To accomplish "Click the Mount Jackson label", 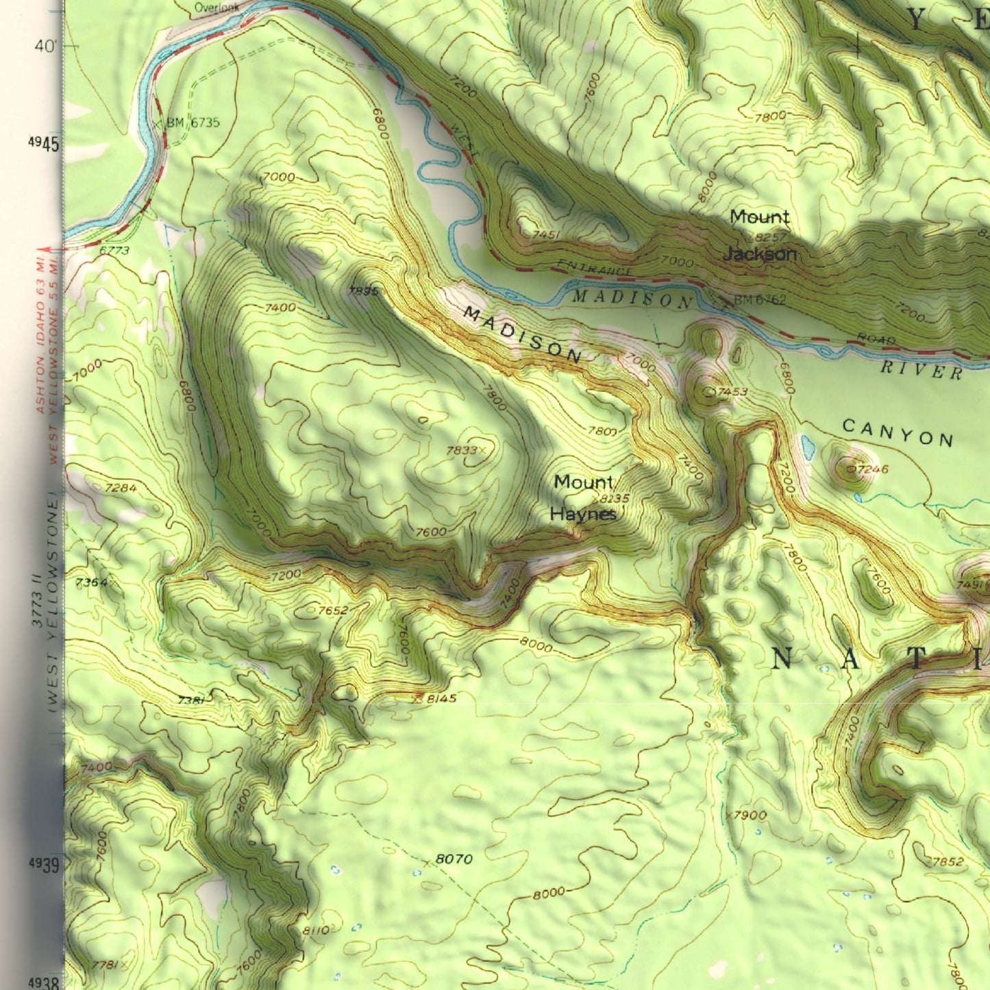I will [x=759, y=236].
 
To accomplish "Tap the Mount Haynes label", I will [x=584, y=498].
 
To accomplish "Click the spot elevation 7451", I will [x=546, y=235].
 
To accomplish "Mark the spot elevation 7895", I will [x=362, y=290].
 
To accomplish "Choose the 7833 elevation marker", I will [x=461, y=450].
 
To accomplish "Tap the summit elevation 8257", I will [x=770, y=237].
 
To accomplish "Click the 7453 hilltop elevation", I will [x=732, y=392].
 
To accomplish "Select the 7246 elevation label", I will [x=872, y=469].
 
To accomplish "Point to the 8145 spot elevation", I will [x=441, y=699].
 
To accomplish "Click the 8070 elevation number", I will [x=454, y=859].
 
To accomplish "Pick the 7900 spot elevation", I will [x=750, y=815].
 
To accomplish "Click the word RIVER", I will [x=921, y=370].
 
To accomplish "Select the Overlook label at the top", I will [x=216, y=8].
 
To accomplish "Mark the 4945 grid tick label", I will [x=44, y=143].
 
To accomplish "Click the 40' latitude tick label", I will [x=45, y=47].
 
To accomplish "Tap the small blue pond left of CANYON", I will [x=808, y=448].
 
